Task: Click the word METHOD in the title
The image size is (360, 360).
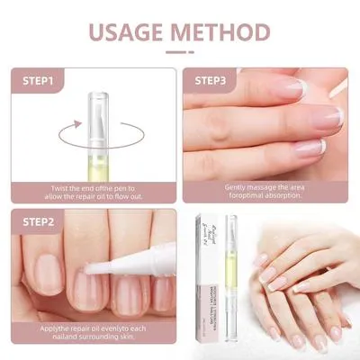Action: click(219, 34)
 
